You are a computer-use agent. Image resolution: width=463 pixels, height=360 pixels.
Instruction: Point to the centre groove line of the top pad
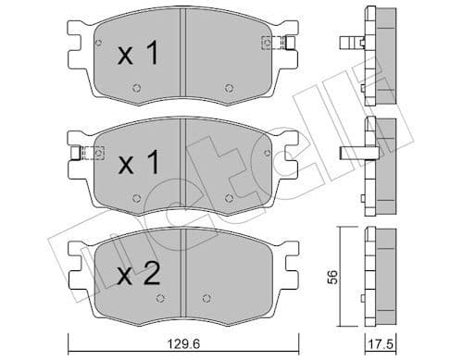coord(184,56)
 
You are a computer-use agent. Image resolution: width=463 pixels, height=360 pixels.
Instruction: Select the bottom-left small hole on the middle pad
coord(136,197)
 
